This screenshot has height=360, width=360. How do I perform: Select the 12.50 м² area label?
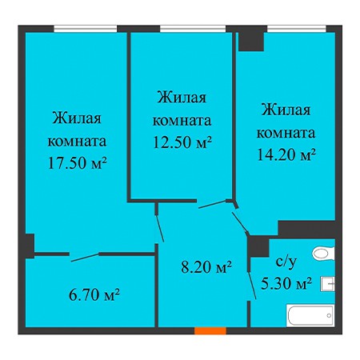pos(182,142)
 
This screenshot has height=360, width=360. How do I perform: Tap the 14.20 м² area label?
pos(286,154)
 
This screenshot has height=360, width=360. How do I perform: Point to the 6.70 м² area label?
pos(94,295)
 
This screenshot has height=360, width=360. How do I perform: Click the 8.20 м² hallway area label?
pos(206,267)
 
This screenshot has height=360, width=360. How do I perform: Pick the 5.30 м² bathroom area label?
pos(286,283)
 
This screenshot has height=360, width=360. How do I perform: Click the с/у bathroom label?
pos(286,262)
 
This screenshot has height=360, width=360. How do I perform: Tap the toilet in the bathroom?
pos(324,253)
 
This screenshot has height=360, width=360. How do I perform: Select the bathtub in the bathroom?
pos(310,316)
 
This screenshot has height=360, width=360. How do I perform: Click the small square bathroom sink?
pos(328,284)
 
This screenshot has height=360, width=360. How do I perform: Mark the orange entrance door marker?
pos(210,330)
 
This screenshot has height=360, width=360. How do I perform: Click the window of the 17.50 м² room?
pos(86,29)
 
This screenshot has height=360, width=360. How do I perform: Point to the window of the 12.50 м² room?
pos(193,29)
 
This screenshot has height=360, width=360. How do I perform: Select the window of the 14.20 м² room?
pos(297,29)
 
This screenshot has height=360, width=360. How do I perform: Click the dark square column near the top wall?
pos(251,42)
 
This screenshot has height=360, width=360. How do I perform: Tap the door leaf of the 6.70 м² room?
pos(85,258)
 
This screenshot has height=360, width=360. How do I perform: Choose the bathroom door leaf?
pos(253,285)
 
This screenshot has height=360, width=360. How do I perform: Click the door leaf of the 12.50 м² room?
pos(159,229)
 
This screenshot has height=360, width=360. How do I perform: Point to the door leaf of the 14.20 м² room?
pos(241,222)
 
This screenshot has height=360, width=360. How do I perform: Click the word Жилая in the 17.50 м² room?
pos(77,118)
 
